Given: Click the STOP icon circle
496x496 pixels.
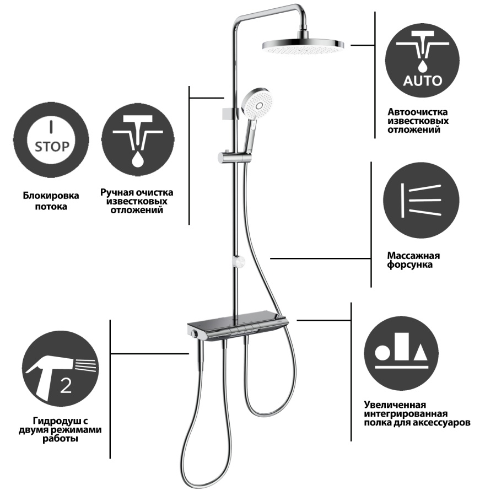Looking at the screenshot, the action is pyautogui.click(x=51, y=140).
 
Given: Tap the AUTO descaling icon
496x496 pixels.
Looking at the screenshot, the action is pyautogui.click(x=422, y=60).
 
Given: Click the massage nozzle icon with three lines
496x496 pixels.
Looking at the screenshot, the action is pyautogui.click(x=421, y=200).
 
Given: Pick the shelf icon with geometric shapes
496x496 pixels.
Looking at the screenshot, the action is pyautogui.click(x=401, y=354).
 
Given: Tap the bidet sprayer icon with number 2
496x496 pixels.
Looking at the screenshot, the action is pyautogui.click(x=60, y=369).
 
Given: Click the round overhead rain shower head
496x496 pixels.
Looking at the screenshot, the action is pyautogui.click(x=303, y=45).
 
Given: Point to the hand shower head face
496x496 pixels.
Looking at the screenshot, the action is pyautogui.click(x=257, y=102).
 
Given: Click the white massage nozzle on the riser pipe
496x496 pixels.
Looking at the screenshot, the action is pyautogui.click(x=239, y=262).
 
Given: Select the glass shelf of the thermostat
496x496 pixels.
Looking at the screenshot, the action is pyautogui.click(x=238, y=322).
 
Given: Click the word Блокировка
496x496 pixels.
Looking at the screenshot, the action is pyautogui.click(x=51, y=196).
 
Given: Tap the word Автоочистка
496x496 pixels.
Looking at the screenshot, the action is pyautogui.click(x=418, y=112).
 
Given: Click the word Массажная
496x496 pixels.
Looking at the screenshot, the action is pyautogui.click(x=413, y=256).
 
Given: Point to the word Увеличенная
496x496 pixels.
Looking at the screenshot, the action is pyautogui.click(x=395, y=405).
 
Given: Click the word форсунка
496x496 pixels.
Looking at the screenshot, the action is pyautogui.click(x=409, y=265).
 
